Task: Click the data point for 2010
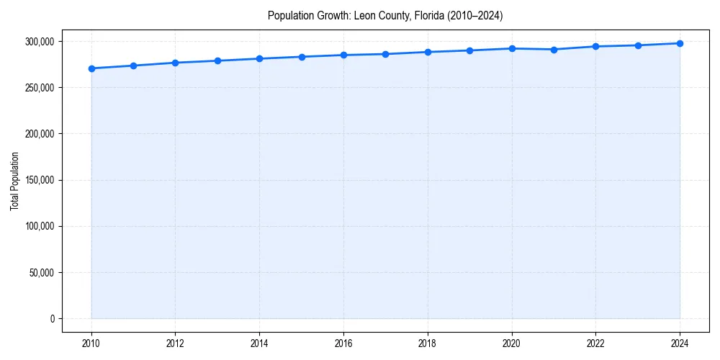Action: point(91,68)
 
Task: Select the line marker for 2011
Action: point(133,66)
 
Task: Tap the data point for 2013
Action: point(217,60)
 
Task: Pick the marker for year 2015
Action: point(302,57)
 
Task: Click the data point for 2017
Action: point(385,54)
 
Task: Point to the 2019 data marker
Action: point(469,50)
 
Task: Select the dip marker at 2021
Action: point(554,50)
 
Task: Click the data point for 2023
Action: point(638,45)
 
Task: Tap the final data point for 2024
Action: point(680,43)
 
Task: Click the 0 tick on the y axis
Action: point(52,319)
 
